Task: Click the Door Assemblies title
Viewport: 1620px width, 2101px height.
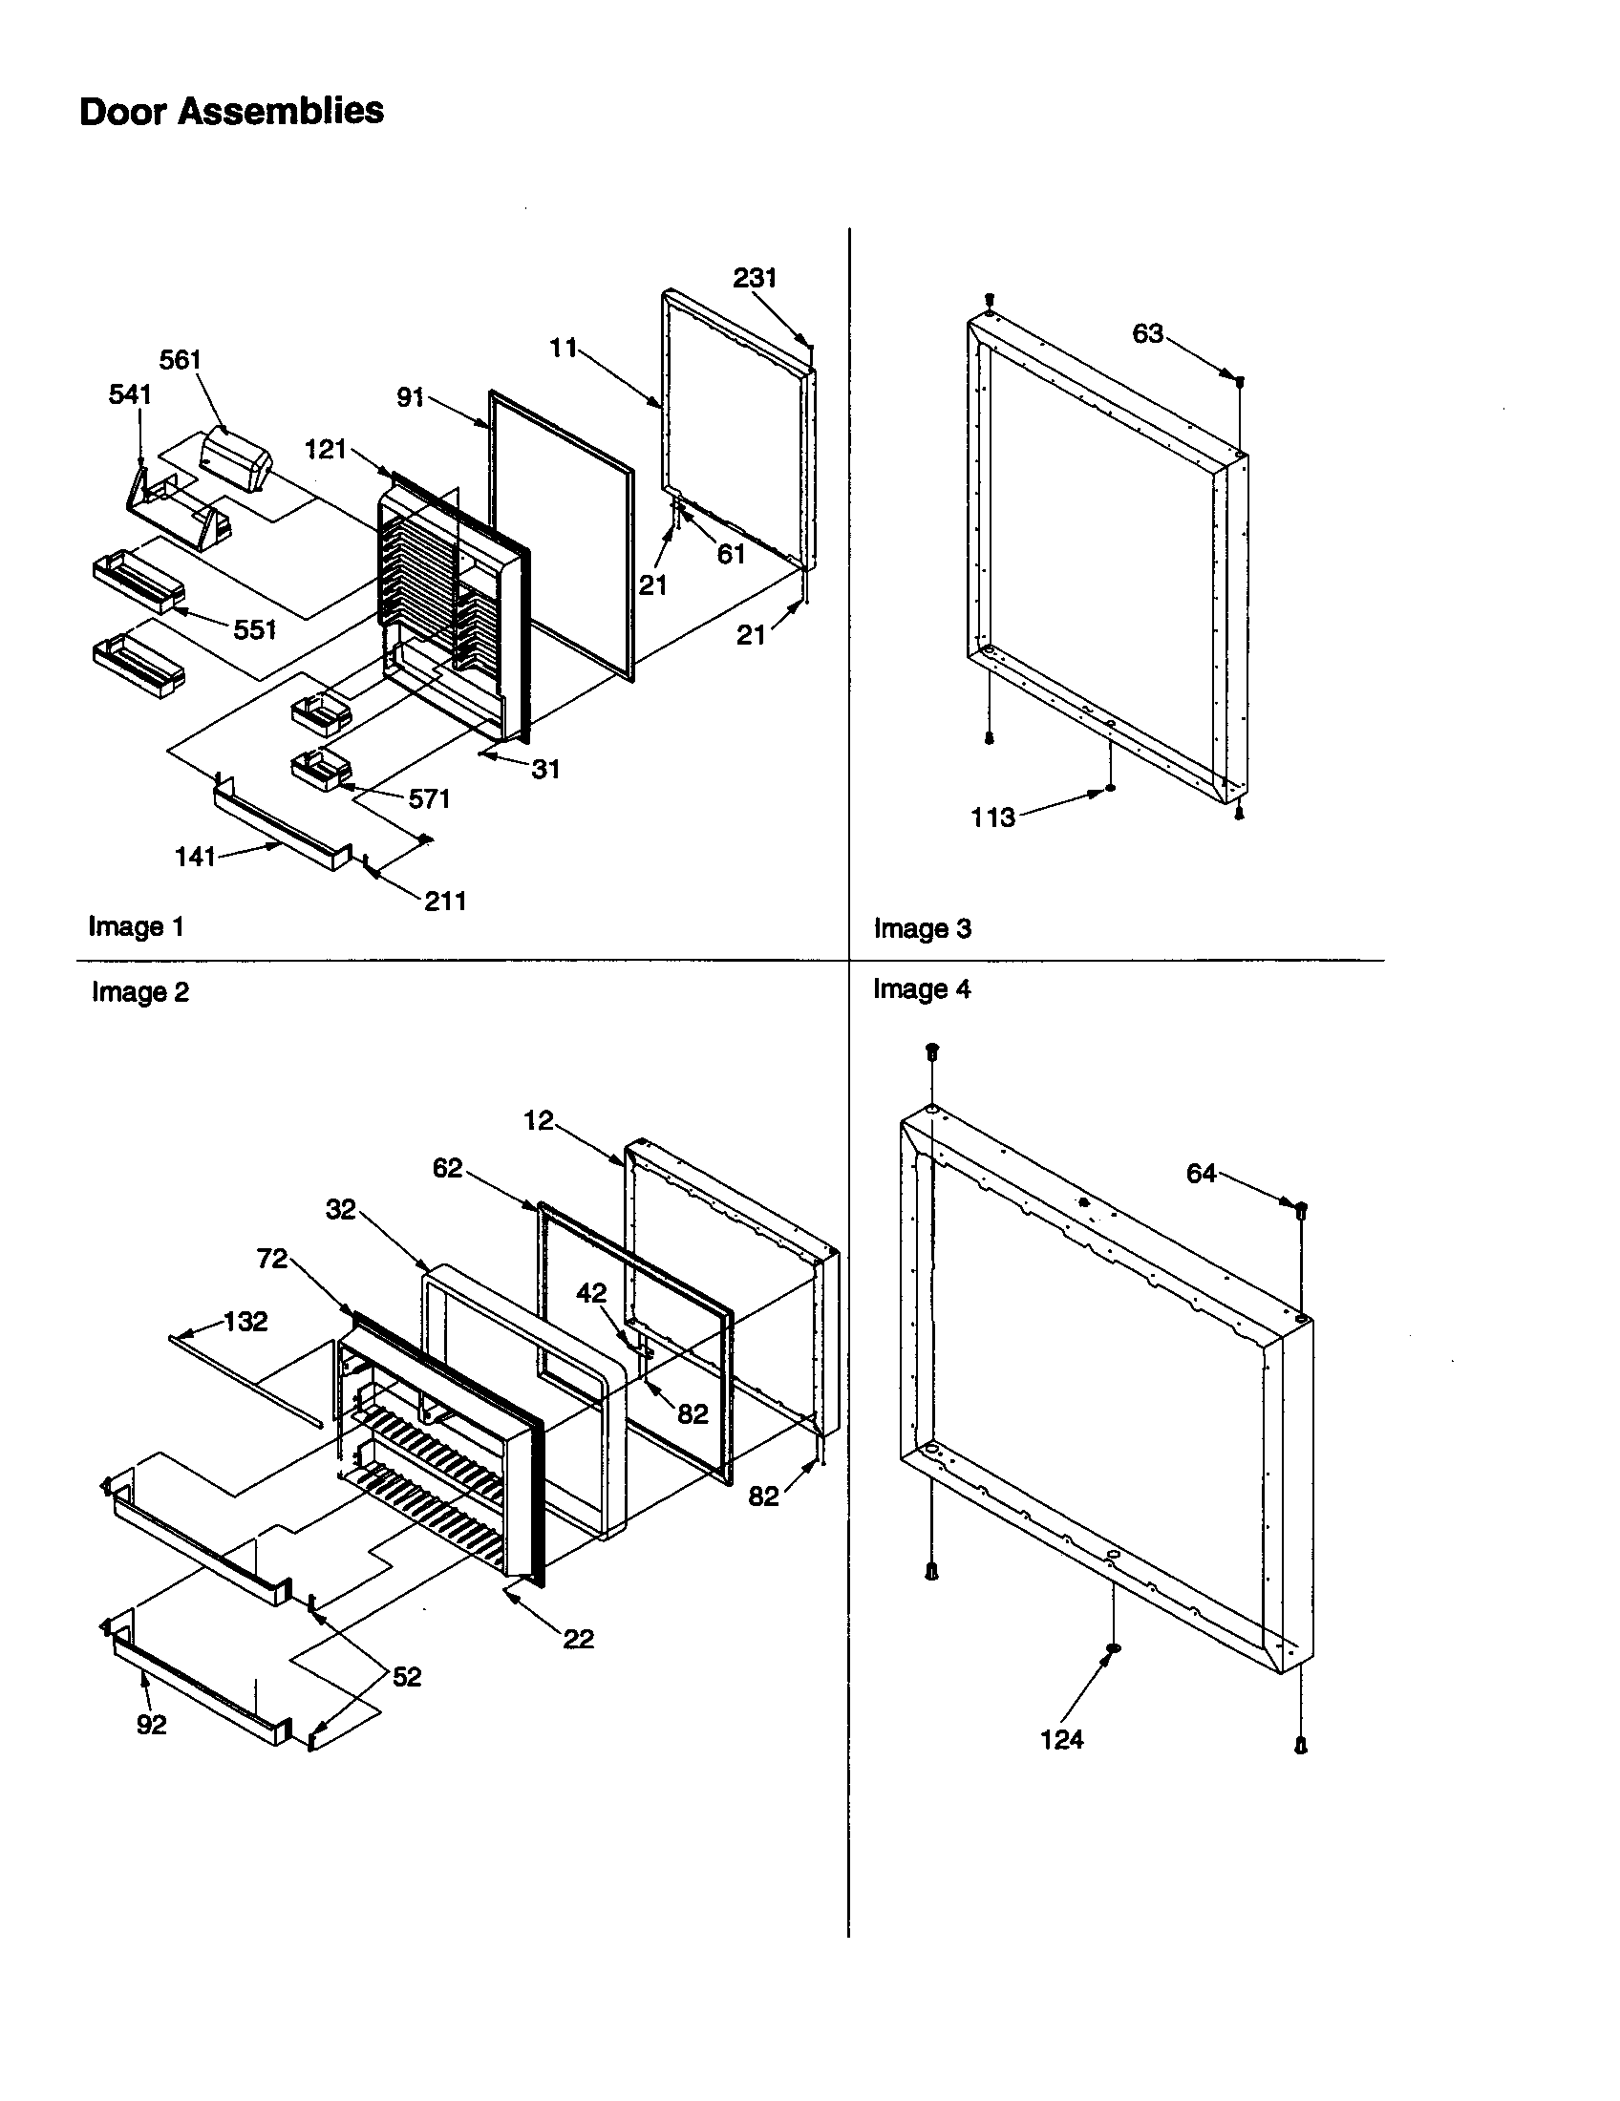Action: (231, 112)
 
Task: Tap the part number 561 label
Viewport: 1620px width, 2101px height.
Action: (180, 360)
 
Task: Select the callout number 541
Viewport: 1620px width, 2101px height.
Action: (130, 394)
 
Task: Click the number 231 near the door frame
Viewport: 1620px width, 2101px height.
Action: (755, 278)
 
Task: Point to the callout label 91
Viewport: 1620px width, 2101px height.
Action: (411, 396)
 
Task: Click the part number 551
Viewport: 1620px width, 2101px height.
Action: (254, 630)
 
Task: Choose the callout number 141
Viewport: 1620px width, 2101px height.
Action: (195, 857)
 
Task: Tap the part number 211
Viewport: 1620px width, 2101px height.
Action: (445, 901)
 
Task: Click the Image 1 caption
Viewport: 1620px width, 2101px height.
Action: (136, 926)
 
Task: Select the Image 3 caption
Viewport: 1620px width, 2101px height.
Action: (922, 928)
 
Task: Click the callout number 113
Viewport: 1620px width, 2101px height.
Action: (992, 817)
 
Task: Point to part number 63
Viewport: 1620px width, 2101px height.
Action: (1148, 334)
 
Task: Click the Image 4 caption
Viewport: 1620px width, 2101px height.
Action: (922, 989)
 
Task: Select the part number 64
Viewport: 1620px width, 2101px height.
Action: (1201, 1173)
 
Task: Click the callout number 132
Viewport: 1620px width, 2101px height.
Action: (245, 1322)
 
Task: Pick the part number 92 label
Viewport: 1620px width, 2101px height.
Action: (151, 1725)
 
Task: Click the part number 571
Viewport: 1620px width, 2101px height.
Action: (429, 798)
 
